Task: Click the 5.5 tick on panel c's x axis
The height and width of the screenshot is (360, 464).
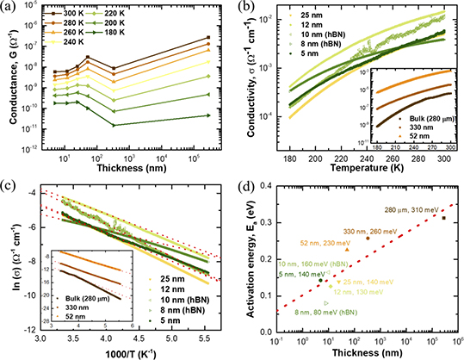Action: coord(210,340)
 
